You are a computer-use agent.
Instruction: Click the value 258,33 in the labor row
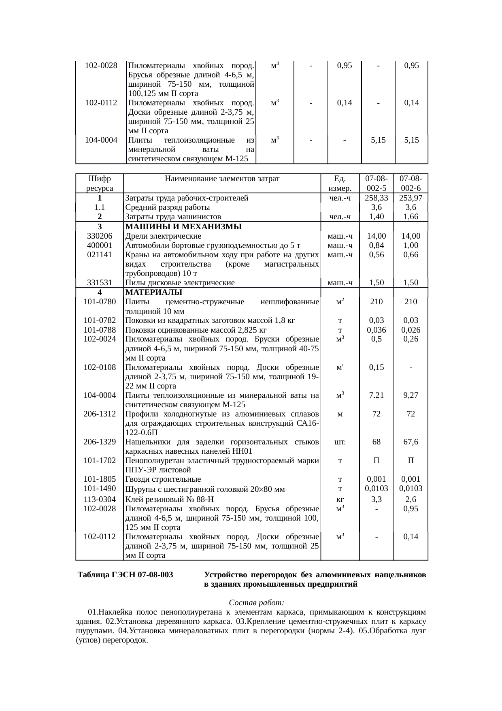coord(376,198)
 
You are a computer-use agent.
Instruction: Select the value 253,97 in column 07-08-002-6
coord(411,198)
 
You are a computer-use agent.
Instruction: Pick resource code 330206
coord(100,236)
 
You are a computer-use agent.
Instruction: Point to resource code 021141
coord(100,254)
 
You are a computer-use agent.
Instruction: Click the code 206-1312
coord(100,414)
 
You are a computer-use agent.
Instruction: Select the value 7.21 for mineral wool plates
coord(376,395)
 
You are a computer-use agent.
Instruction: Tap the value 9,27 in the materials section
coord(411,395)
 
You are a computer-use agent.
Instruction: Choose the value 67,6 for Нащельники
coord(411,442)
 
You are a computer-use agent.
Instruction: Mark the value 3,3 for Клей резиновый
coord(376,499)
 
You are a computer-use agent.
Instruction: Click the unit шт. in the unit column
coord(340,442)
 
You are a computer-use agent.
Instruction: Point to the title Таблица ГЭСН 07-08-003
coord(126,575)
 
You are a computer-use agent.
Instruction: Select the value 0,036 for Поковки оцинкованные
coord(376,330)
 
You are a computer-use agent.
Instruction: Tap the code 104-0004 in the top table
coord(101,140)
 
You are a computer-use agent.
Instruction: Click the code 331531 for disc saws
coord(100,283)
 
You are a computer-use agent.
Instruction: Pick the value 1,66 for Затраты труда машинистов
coord(411,217)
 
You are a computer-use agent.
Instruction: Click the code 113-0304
coord(100,499)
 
